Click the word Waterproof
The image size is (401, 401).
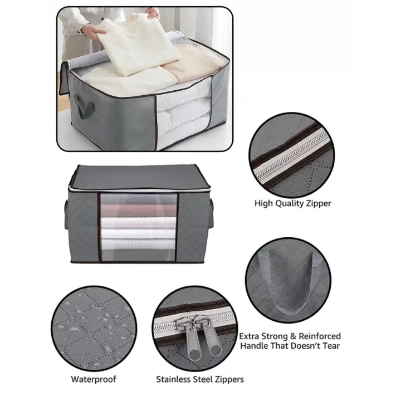click(x=94, y=380)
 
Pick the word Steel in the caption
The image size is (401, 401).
click(x=210, y=380)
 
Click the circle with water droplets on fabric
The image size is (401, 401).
click(x=92, y=326)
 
